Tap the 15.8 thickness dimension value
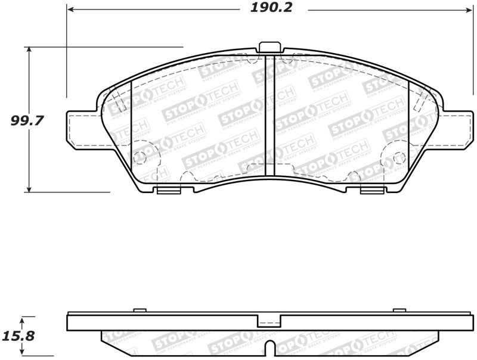(20, 336)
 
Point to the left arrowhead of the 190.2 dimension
(70, 10)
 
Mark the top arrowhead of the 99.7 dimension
(28, 50)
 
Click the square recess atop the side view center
(269, 322)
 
